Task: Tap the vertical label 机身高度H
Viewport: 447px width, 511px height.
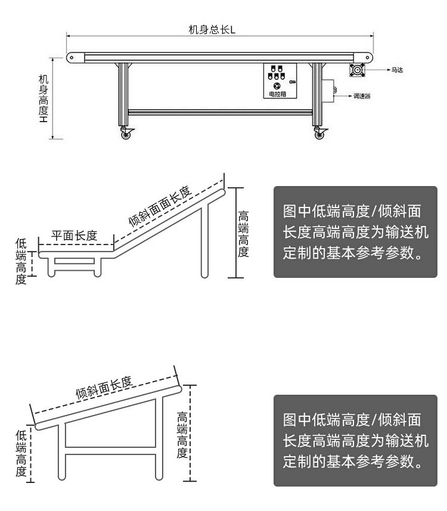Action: coord(44,99)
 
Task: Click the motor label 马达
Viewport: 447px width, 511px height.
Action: coord(397,70)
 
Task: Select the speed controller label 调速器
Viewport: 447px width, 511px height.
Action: coord(362,95)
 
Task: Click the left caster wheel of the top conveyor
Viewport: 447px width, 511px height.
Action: coord(126,134)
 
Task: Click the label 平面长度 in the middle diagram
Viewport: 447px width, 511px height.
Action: coord(74,236)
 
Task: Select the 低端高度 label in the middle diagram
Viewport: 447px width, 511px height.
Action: coord(21,261)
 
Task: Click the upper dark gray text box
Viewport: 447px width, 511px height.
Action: coord(355,232)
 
